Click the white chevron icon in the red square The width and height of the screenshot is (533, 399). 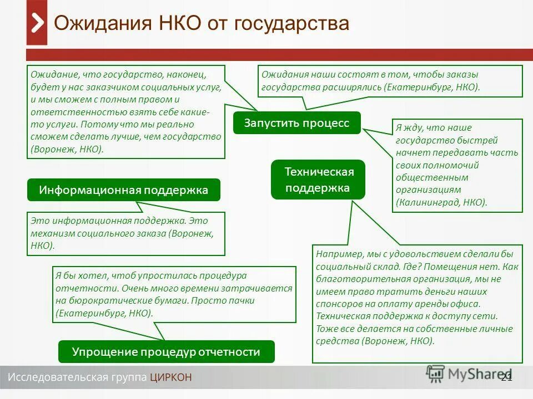coord(37,23)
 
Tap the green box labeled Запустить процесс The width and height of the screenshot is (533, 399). coord(296,123)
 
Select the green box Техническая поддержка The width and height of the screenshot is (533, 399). coord(318,180)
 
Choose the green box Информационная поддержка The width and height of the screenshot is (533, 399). coord(123,190)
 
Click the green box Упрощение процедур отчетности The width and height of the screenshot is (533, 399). coord(166,352)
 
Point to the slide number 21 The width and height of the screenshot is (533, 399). coord(506,377)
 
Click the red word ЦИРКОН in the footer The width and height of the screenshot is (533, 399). coord(170,377)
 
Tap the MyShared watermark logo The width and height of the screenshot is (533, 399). coord(469,375)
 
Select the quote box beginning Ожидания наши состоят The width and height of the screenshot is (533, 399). coord(391,81)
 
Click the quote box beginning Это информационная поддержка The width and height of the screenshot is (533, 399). coord(126,233)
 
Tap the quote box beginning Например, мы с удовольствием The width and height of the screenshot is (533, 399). coord(417,303)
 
